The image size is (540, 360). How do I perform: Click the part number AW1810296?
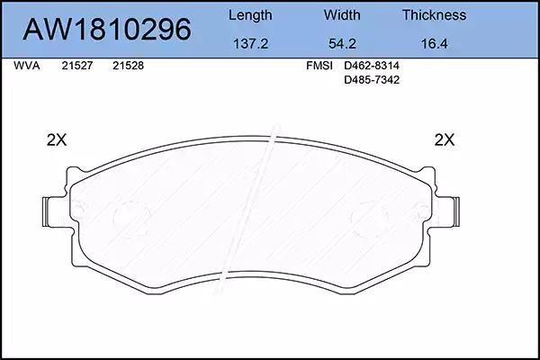click(x=107, y=30)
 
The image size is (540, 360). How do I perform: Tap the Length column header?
click(x=250, y=16)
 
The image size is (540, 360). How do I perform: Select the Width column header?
click(x=342, y=15)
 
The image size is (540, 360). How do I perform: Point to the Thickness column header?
click(x=435, y=15)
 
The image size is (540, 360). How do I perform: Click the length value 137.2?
click(x=250, y=44)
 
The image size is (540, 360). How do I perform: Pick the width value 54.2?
click(x=342, y=44)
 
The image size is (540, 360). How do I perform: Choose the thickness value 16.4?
click(x=435, y=44)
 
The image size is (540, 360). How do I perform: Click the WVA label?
click(x=27, y=66)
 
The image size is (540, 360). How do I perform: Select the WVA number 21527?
click(x=77, y=66)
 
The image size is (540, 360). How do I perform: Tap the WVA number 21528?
click(x=128, y=66)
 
